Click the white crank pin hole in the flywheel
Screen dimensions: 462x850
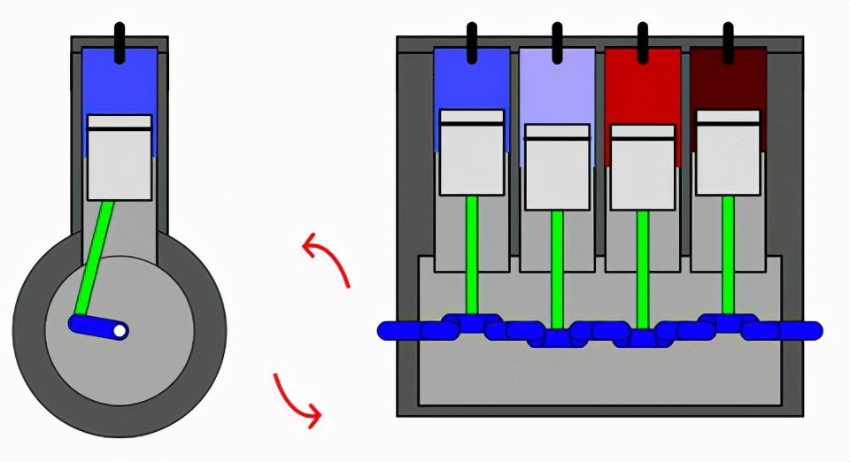tap(120, 331)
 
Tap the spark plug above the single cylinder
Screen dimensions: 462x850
tap(120, 41)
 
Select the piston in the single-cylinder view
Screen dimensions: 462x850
tap(120, 158)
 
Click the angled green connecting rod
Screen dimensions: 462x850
tap(95, 257)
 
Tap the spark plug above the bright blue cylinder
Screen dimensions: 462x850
tap(471, 42)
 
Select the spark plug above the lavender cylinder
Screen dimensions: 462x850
tap(557, 42)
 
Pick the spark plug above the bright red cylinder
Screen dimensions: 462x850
tap(643, 42)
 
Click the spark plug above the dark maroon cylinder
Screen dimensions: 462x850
tap(728, 42)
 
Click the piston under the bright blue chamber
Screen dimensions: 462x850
tap(472, 152)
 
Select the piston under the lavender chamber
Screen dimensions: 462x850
tap(557, 167)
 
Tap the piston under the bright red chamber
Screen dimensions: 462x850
tap(643, 167)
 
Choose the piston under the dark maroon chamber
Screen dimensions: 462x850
tap(728, 152)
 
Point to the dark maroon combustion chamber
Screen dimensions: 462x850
tap(728, 80)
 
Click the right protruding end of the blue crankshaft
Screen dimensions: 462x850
tap(807, 331)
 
